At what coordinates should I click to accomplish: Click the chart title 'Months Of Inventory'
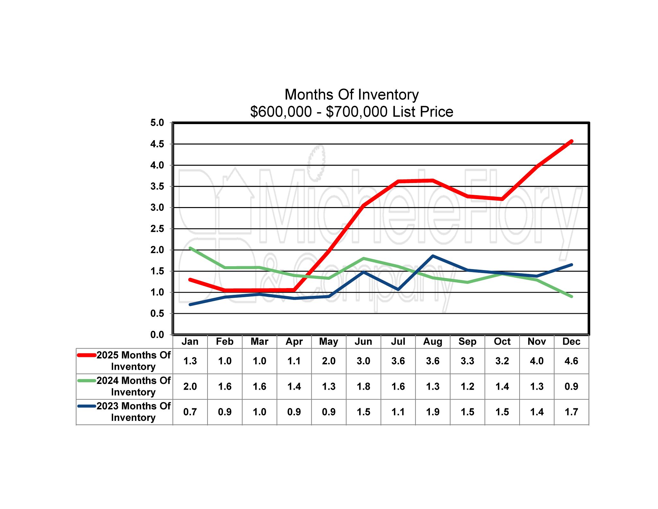(x=351, y=95)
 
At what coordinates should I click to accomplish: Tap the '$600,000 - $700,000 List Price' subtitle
(x=351, y=112)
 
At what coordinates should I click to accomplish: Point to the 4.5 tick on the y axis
(x=157, y=144)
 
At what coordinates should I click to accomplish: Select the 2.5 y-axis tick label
(x=157, y=229)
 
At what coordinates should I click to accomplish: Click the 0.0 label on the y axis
(x=157, y=335)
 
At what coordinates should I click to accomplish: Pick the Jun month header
(x=363, y=341)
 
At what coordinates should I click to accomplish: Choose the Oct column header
(x=502, y=341)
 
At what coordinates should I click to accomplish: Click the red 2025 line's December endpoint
(x=571, y=141)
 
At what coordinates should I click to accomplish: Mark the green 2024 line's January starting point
(x=190, y=248)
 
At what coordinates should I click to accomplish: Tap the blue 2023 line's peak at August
(x=433, y=256)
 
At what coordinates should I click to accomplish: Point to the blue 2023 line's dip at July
(x=398, y=289)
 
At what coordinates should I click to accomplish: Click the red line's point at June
(x=363, y=205)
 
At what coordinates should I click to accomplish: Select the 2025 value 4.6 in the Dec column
(x=571, y=361)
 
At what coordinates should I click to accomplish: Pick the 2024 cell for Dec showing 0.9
(x=571, y=386)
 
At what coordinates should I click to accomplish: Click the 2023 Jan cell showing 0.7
(x=190, y=412)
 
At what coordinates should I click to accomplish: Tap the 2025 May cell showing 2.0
(x=329, y=361)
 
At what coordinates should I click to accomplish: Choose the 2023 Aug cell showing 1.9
(x=433, y=412)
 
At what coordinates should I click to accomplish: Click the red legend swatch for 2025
(x=87, y=355)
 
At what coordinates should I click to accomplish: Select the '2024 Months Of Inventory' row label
(x=133, y=386)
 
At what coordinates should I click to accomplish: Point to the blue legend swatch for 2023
(x=87, y=406)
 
